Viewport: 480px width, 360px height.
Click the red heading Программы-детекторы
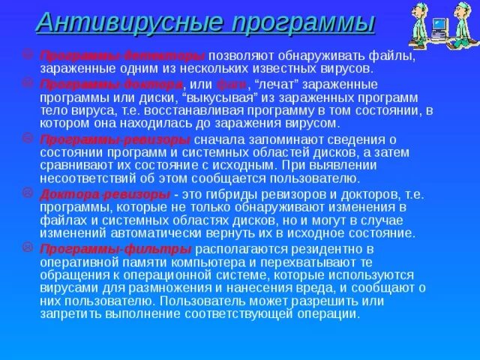click(x=122, y=56)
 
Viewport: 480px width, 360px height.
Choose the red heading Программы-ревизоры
click(x=121, y=140)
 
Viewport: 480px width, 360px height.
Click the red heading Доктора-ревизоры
click(x=105, y=193)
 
